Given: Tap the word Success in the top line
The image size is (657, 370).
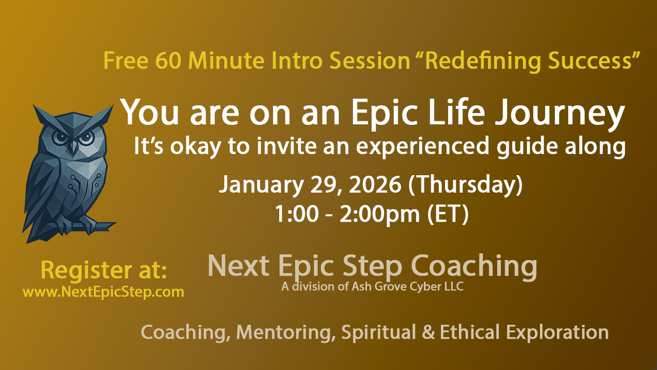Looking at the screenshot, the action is click(590, 61).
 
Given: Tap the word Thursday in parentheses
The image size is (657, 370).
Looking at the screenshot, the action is click(465, 185).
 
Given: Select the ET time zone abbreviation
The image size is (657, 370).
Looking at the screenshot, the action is click(448, 214).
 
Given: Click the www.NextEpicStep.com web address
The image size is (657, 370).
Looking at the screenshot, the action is click(103, 292).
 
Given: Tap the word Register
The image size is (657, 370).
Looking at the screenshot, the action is click(86, 271).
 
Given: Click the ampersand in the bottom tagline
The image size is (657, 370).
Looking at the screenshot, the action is click(428, 332).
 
